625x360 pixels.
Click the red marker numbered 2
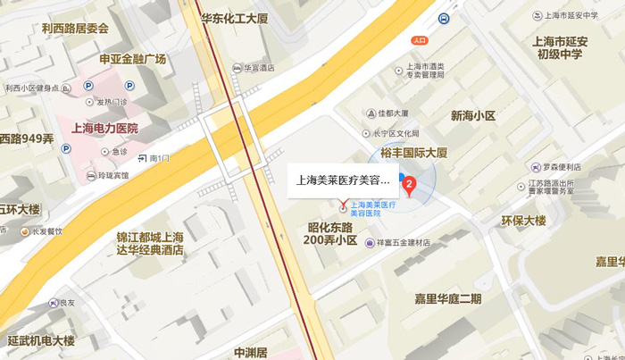tap(410, 186)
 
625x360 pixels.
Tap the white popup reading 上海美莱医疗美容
tap(343, 180)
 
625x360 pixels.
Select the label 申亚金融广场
tap(133, 59)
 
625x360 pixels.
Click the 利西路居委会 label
tap(75, 28)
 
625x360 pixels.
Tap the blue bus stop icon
tap(444, 18)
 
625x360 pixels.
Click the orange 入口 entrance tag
tap(421, 40)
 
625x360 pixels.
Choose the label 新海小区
tap(472, 116)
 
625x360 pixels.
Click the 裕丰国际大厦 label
tap(413, 153)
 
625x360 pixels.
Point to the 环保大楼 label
tap(523, 221)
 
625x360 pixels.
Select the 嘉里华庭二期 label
tap(447, 298)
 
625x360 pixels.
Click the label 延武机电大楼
tap(41, 341)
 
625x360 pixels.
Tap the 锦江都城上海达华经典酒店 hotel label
tap(150, 244)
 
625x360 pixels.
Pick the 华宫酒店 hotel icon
tap(237, 67)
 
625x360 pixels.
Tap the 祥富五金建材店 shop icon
tap(370, 243)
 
